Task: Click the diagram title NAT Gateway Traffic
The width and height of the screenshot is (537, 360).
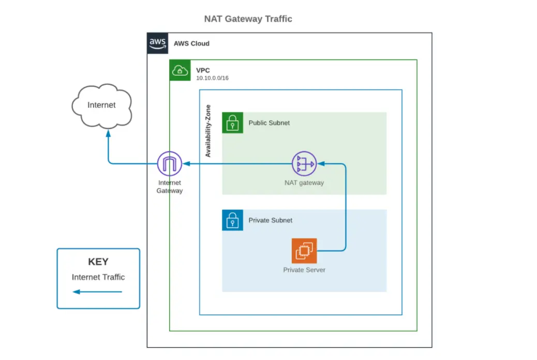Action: pos(248,19)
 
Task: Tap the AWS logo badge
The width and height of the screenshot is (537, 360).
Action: pos(158,43)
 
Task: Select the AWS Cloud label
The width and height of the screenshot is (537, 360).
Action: pos(191,43)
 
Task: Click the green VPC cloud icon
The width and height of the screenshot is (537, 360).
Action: pos(180,70)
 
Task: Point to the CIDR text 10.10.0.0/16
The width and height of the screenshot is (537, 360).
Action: pos(212,78)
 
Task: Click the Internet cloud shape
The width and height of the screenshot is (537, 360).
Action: pos(102,106)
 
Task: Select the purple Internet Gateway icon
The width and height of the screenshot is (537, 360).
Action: pos(170,164)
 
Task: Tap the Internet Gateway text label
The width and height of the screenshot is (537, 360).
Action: pos(170,187)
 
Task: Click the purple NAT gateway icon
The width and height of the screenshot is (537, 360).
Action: pos(304,164)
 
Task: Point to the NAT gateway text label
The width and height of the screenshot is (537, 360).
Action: pos(304,183)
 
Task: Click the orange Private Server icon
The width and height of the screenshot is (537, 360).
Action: pos(304,251)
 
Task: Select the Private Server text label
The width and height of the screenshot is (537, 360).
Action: pos(304,270)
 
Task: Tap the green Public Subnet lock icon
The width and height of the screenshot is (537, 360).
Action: pos(232,123)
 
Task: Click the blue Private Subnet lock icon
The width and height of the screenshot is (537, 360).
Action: pos(232,220)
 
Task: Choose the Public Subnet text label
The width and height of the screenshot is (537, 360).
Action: pos(269,123)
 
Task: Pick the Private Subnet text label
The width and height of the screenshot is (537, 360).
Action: pos(271,220)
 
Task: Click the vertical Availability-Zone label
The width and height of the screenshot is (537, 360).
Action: pos(208,131)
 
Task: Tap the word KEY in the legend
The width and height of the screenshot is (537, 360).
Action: pos(98,262)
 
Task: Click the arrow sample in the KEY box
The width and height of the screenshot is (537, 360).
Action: pos(97,292)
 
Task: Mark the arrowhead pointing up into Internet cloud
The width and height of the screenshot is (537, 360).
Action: pos(108,133)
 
